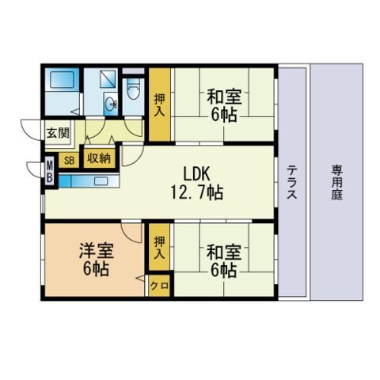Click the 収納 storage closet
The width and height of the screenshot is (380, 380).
tap(97, 158)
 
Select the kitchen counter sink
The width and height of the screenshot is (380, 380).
tap(101, 180)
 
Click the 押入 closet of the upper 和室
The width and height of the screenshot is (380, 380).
tap(159, 104)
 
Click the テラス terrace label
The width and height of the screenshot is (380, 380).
tap(292, 181)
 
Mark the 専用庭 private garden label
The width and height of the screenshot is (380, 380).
tap(337, 181)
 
